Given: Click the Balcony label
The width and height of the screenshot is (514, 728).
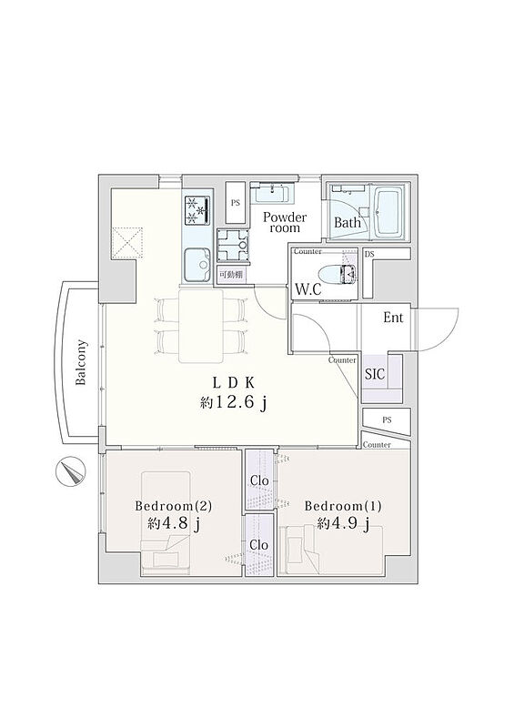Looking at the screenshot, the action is [81, 362].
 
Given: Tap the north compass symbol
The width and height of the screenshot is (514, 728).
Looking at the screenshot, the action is [71, 471].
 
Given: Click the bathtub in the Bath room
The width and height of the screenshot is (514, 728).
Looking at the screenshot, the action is [390, 211].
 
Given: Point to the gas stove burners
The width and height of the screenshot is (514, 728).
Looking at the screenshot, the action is [197, 210].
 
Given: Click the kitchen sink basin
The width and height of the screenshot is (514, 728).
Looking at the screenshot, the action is [197, 264].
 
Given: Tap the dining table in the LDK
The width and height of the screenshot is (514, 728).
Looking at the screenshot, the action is [200, 325].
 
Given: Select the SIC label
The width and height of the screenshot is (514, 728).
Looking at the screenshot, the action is [375, 374].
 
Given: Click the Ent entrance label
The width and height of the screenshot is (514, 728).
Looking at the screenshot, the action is [393, 318].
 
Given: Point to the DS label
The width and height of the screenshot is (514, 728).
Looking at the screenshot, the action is [369, 254].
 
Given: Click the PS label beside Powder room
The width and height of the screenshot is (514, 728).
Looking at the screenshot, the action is [236, 203].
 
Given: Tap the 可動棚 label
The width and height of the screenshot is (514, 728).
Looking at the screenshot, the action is [231, 274].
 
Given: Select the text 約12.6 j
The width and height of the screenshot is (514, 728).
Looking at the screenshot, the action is [233, 402].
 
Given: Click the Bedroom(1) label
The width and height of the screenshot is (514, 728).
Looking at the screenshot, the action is [343, 506].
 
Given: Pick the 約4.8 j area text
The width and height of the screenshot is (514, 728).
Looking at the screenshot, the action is [174, 524].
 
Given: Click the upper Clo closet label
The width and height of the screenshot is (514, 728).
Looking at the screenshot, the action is [259, 480].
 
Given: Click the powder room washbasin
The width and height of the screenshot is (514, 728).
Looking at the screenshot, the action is [272, 193].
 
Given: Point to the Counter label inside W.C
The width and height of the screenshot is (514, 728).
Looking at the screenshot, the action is [307, 252].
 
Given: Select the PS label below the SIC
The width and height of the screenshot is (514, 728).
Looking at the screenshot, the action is [387, 420].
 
